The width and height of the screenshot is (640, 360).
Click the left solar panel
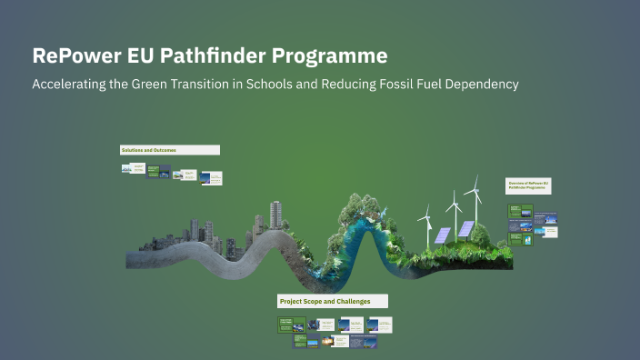pos(442,235)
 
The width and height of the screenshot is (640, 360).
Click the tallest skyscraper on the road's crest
pos(275,216)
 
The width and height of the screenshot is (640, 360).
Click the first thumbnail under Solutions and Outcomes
pos(127,169)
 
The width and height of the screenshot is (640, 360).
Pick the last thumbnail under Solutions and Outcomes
pos(210,175)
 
